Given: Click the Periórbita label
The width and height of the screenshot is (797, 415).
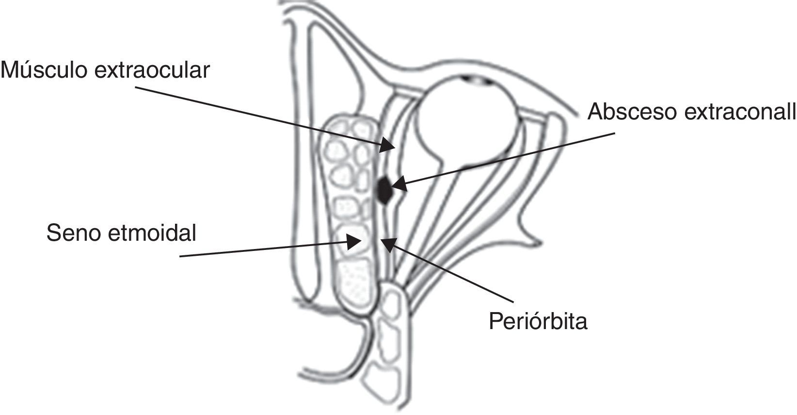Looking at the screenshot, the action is click(x=538, y=321).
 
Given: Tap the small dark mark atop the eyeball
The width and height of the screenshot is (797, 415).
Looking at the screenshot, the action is click(x=473, y=79).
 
